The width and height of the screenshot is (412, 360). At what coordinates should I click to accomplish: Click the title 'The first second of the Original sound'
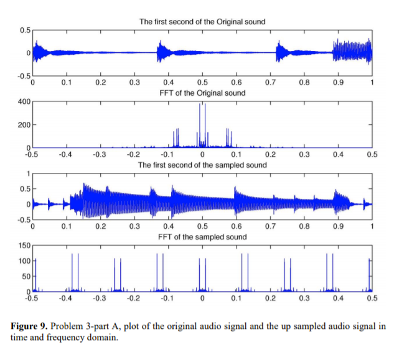pyautogui.click(x=202, y=22)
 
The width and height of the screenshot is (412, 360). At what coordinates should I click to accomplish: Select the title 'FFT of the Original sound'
pyautogui.click(x=202, y=93)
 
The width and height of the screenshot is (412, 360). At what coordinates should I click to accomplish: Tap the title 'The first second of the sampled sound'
pyautogui.click(x=202, y=165)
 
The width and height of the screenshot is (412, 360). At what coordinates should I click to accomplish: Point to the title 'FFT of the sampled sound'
pyautogui.click(x=202, y=237)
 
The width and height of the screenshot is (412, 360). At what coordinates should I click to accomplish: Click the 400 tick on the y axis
pyautogui.click(x=23, y=101)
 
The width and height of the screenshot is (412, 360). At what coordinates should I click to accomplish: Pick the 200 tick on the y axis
pyautogui.click(x=23, y=124)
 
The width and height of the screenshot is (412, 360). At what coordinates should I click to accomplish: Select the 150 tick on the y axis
pyautogui.click(x=23, y=245)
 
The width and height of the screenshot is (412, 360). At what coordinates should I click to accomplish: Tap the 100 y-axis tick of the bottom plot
pyautogui.click(x=23, y=261)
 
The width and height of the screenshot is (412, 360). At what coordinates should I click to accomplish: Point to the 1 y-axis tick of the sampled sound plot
pyautogui.click(x=27, y=173)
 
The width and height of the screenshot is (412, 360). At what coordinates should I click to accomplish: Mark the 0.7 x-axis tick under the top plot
pyautogui.click(x=270, y=82)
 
